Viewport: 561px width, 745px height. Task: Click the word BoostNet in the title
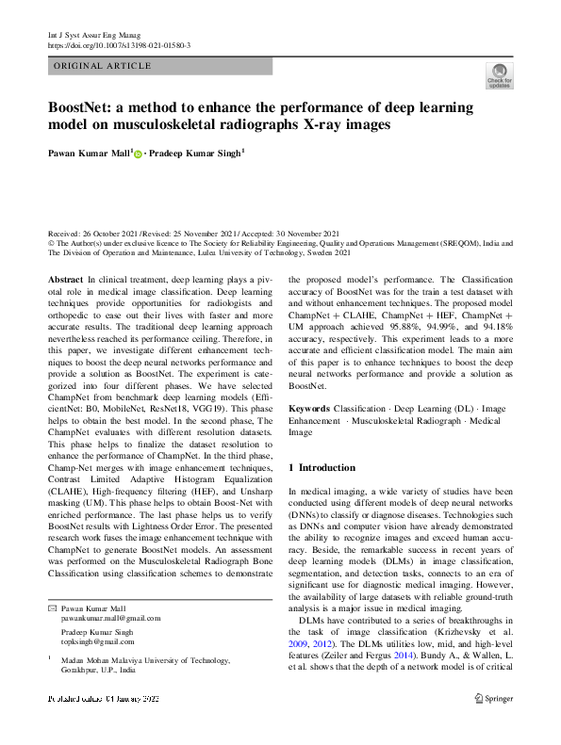pyautogui.click(x=82, y=106)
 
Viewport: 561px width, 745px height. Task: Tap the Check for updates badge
pyautogui.click(x=499, y=75)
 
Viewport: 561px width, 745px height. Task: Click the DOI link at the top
pyautogui.click(x=119, y=44)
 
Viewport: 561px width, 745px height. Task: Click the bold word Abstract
pyautogui.click(x=65, y=282)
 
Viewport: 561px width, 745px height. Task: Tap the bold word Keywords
pyautogui.click(x=309, y=409)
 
